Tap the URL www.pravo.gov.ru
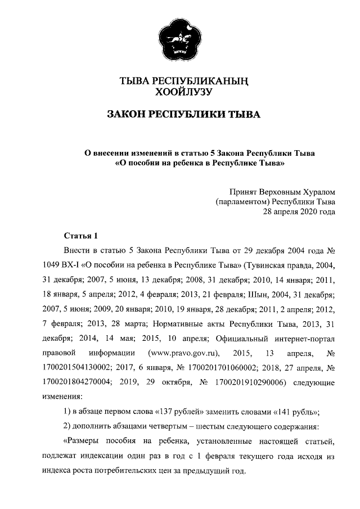coord(182,353)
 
